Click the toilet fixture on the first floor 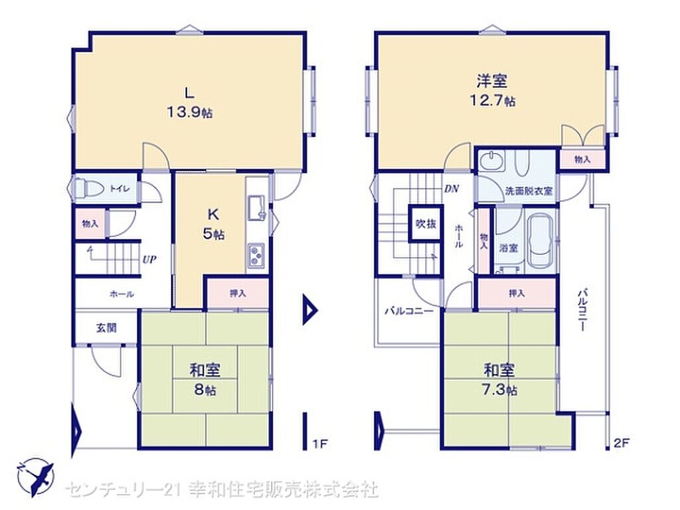(90, 189)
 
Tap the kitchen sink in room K (256, 207)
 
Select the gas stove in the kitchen (256, 255)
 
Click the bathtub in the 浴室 (540, 241)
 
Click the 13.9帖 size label (189, 112)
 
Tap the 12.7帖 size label (493, 101)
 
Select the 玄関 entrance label (107, 327)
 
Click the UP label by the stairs (149, 260)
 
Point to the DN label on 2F (452, 189)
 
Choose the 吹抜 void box (426, 223)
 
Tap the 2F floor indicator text (621, 443)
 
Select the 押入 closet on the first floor (238, 294)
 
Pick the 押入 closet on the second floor (517, 294)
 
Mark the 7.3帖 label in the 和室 (499, 389)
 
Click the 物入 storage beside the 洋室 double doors (582, 159)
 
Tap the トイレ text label (120, 188)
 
